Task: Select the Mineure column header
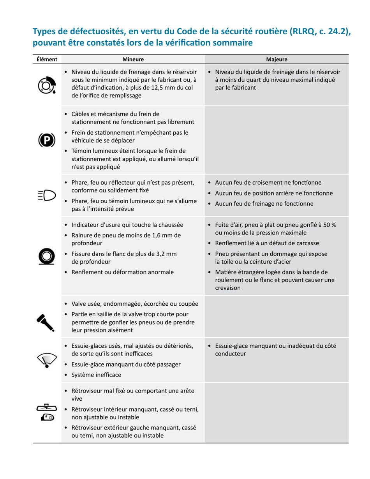point(133,60)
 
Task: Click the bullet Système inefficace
point(96,375)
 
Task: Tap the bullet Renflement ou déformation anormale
point(122,272)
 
